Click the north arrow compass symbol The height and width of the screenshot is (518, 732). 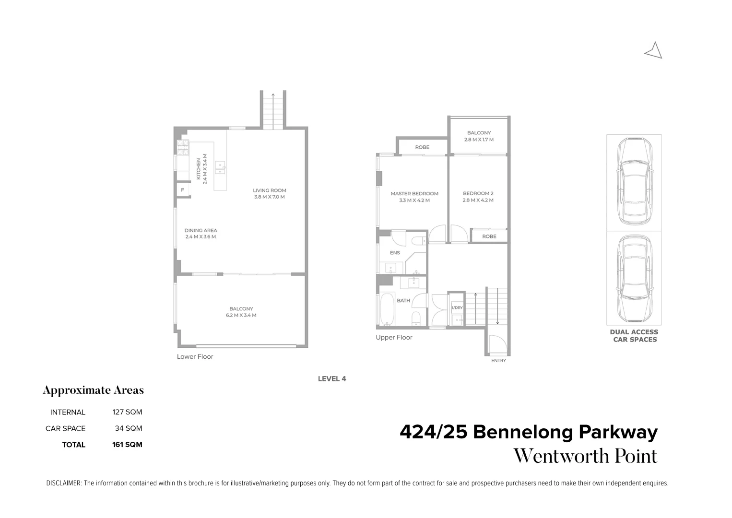tap(654, 50)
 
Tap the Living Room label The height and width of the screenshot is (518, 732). tap(269, 190)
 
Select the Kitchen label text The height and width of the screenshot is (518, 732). tap(199, 169)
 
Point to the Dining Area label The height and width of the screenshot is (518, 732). tap(201, 230)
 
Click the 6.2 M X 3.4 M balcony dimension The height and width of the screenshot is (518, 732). tap(241, 316)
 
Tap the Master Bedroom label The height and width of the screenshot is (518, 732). tap(414, 194)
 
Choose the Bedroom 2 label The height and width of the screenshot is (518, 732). tap(478, 194)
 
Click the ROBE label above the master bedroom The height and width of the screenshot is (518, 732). tap(422, 147)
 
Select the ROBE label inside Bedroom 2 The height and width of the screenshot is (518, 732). tap(489, 236)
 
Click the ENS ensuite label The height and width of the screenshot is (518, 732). tap(395, 253)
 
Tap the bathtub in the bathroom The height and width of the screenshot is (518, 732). tap(387, 309)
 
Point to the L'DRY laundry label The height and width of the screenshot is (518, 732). tap(457, 307)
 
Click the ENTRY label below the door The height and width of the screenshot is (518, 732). tap(498, 361)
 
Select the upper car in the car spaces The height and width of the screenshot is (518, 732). tap(634, 181)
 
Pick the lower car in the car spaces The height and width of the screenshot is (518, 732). tap(634, 278)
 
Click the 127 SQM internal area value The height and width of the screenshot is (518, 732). tap(127, 412)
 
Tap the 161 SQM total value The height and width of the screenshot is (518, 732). tap(127, 445)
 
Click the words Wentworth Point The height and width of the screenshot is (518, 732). tap(585, 456)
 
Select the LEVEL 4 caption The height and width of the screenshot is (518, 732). tap(332, 379)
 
